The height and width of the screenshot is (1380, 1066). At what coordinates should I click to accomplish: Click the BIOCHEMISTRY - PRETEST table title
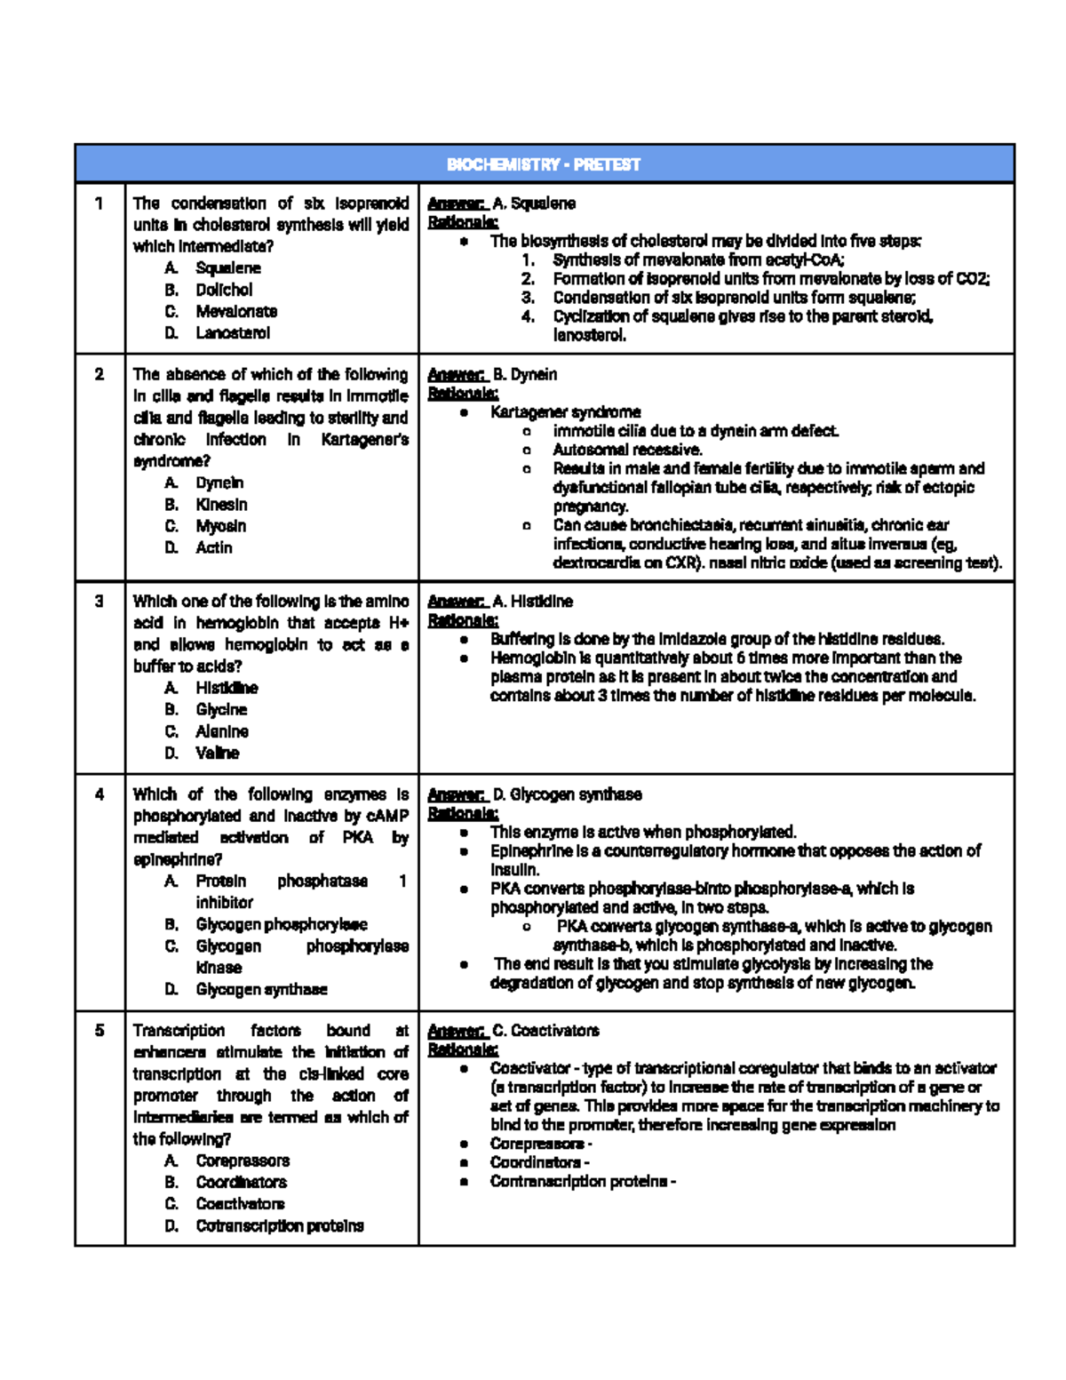(x=543, y=164)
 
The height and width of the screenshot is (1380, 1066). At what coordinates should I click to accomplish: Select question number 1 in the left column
(x=99, y=203)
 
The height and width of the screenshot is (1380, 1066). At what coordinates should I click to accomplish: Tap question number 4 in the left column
(x=99, y=794)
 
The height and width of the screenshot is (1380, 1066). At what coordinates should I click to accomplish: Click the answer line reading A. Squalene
(x=502, y=203)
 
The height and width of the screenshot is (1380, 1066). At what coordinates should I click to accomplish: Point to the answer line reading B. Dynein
(x=493, y=375)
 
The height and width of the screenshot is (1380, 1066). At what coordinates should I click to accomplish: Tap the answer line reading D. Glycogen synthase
(x=535, y=794)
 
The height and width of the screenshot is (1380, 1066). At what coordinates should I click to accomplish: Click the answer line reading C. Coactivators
(x=513, y=1031)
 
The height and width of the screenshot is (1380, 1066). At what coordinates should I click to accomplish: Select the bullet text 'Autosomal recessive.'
(x=627, y=450)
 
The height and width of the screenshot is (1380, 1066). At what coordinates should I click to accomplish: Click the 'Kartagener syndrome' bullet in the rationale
(x=565, y=412)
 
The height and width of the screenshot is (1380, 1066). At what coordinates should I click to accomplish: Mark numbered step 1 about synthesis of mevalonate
(x=697, y=260)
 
